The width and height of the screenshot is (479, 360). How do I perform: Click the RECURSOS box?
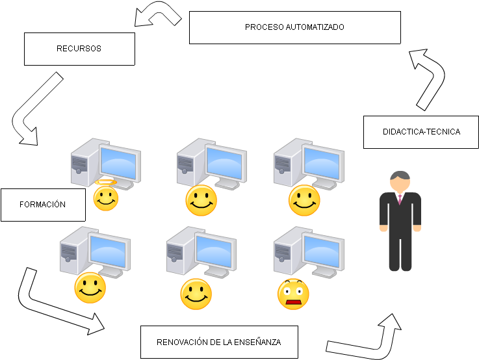pos(79,49)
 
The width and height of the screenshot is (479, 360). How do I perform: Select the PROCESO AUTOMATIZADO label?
pos(294,28)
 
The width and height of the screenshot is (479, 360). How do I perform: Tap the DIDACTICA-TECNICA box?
pos(421,132)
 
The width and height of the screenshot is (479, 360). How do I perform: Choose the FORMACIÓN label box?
pos(43,205)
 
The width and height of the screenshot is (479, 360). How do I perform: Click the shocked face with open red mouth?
pos(294,294)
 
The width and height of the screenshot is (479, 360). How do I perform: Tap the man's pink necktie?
pos(400,198)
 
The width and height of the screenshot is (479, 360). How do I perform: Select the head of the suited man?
pos(399,181)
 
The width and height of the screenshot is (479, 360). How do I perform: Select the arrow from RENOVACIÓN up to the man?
pos(370,338)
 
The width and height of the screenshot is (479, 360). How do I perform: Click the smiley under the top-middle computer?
pos(201,200)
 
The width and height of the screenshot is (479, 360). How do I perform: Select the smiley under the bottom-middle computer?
pos(196,294)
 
